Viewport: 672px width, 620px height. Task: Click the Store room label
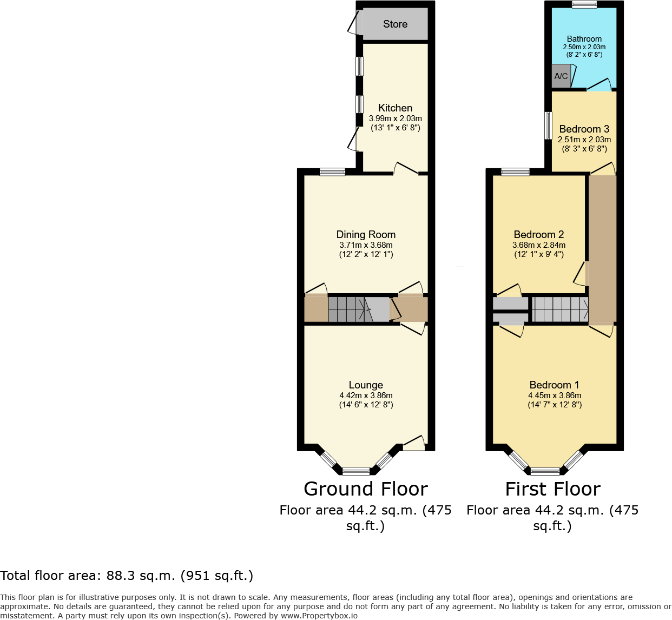395,24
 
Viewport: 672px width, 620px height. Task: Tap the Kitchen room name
395,108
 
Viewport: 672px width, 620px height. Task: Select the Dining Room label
366,234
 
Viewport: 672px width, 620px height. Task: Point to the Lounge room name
366,385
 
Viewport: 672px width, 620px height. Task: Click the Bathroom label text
584,39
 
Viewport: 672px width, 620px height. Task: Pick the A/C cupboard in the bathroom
561,76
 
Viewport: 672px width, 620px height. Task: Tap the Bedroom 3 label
584,129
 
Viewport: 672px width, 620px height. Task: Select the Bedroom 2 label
538,234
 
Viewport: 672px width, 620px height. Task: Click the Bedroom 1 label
554,385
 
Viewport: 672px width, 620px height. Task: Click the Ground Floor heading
366,489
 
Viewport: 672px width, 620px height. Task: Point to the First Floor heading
552,489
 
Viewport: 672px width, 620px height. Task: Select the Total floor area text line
127,576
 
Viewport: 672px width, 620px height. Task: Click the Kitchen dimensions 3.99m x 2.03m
395,118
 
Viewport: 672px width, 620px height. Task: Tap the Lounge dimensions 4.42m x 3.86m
366,395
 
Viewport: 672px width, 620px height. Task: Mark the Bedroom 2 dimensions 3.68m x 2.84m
538,245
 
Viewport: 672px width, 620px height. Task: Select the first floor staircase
559,309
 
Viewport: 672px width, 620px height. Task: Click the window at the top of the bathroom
584,4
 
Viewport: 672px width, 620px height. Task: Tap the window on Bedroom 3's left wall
548,126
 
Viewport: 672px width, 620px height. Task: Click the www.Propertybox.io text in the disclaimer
319,616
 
